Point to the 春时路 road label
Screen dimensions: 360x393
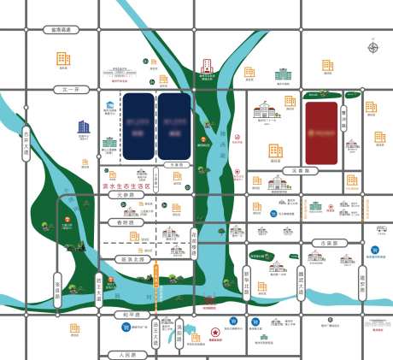coord(126,221)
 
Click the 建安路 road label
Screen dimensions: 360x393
coord(362,280)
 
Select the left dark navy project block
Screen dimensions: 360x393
coord(138,125)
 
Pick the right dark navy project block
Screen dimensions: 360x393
coord(173,125)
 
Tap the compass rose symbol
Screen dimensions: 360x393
coord(372,48)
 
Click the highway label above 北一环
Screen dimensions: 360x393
coord(64,30)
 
